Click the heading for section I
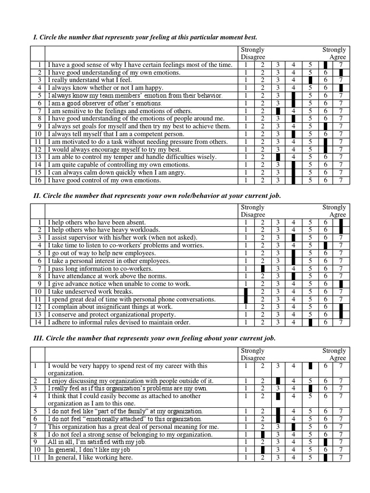(145, 37)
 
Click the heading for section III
(154, 338)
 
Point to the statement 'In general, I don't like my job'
(90, 450)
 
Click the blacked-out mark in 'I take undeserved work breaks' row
(246, 292)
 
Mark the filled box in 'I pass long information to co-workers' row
(263, 269)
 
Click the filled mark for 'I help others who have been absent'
(341, 222)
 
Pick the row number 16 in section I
(38, 181)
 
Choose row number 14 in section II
(38, 323)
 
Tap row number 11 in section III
(36, 457)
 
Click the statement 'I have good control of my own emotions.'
(103, 181)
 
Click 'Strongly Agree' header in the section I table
(334, 53)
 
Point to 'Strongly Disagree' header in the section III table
(252, 354)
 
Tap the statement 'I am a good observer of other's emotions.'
(105, 104)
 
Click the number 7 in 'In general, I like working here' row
(341, 457)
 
